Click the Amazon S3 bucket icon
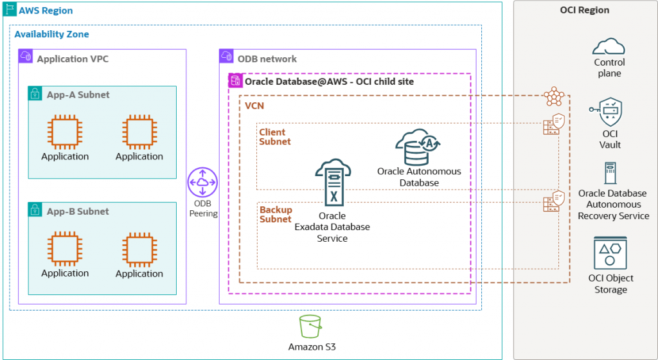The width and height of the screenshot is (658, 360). pos(311,327)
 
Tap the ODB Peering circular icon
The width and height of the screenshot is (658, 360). pos(202,182)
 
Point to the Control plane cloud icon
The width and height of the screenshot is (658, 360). pos(609,46)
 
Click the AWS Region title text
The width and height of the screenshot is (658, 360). pos(46,11)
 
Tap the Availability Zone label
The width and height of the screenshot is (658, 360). pos(51,34)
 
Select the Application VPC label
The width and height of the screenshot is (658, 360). pos(73,59)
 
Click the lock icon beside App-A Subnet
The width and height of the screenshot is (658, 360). pos(35,94)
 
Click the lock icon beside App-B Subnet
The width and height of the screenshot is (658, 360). pos(35,211)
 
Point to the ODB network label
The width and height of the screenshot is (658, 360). pos(267,59)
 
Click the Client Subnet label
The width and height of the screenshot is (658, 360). pos(275,137)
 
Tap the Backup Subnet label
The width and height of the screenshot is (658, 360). pos(276,215)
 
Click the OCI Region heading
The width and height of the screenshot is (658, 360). pos(585,10)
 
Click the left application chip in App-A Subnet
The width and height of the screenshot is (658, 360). pos(65,132)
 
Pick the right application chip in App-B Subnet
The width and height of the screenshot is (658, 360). pos(139,249)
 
